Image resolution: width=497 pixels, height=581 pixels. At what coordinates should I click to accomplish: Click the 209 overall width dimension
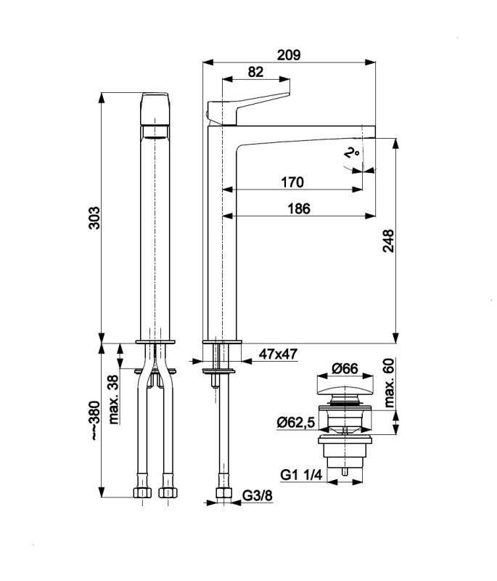pos(289,55)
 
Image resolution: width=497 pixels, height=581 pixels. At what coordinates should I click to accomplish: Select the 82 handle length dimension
pos(255,71)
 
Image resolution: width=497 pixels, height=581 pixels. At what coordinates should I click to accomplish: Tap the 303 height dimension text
pos(94,218)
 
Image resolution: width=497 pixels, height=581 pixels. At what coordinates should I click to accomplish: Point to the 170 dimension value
pos(292,182)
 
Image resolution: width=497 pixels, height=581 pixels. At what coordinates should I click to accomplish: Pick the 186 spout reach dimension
pos(299,208)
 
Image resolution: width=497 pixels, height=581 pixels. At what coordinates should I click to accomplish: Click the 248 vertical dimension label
pos(388,241)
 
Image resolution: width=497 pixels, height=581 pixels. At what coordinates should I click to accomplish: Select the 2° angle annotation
pos(352,153)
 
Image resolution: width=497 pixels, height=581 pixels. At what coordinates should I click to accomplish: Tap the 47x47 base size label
pos(278,354)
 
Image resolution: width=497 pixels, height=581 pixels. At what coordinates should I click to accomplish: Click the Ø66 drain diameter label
pos(345,368)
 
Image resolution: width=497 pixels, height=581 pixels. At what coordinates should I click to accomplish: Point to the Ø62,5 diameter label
pos(296,422)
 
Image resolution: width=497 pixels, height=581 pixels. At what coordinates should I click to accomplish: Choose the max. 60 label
pos(389,383)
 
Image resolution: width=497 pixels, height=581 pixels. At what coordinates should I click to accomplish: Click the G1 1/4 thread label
pos(301,475)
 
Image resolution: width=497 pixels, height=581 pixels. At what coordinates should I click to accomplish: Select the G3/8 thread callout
pos(257,495)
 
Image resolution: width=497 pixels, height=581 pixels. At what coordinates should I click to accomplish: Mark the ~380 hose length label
pos(95,420)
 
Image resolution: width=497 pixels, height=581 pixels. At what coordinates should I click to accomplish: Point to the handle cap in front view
pos(155,109)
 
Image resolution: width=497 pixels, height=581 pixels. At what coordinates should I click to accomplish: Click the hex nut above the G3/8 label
pos(224,492)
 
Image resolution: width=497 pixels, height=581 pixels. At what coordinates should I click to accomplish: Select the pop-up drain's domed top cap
pos(345,390)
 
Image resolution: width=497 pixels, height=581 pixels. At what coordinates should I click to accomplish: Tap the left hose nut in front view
pos(142,492)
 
